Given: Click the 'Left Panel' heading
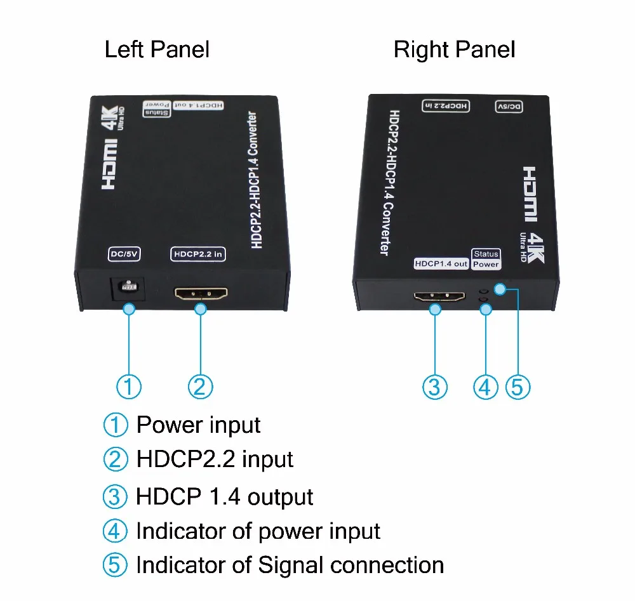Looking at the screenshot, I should click(x=157, y=49).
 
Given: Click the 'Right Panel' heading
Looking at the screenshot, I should click(x=454, y=49).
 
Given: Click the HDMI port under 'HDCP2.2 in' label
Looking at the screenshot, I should click(x=201, y=294).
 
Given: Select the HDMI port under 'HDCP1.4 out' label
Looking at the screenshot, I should click(x=440, y=296).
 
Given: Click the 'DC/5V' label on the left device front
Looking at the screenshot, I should click(x=123, y=254).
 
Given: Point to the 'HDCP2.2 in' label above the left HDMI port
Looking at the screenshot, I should click(x=198, y=254).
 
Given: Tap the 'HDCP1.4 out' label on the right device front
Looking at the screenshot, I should click(x=441, y=263).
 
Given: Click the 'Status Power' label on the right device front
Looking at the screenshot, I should click(x=486, y=259).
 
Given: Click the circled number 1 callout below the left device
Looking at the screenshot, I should click(x=129, y=386).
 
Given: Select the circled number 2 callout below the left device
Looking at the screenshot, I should click(x=200, y=386).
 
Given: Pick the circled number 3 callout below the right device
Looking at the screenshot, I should click(x=435, y=386).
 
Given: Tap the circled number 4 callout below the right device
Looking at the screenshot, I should click(x=486, y=386).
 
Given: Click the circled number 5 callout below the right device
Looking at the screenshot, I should click(x=518, y=386).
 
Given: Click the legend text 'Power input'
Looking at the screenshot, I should click(x=198, y=425).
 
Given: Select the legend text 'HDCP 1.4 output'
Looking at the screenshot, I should click(x=224, y=496).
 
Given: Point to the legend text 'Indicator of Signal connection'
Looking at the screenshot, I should click(x=290, y=564).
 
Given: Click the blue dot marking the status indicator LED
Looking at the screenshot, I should click(x=500, y=289).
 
